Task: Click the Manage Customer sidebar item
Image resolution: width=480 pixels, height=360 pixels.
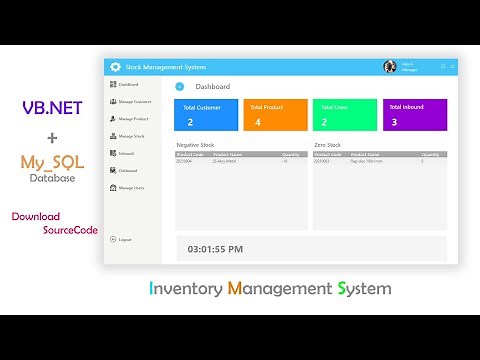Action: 134,101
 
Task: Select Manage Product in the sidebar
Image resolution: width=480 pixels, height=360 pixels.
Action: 132,118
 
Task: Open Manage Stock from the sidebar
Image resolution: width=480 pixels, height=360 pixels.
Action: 131,136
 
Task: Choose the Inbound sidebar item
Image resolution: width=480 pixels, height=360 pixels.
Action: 126,153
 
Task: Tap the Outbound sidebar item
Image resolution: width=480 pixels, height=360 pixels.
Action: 127,170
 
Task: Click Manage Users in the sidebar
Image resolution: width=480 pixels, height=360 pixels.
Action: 131,188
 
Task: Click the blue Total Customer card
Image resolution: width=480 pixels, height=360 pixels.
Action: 206,115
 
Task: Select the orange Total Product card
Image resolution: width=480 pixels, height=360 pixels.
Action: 275,115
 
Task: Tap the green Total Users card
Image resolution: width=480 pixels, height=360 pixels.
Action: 344,115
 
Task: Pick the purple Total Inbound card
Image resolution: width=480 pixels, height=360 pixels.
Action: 414,115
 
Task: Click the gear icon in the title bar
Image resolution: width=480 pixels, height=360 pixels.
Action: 115,67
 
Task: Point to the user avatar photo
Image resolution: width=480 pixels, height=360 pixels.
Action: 389,67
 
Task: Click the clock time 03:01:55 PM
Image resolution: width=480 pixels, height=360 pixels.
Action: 215,248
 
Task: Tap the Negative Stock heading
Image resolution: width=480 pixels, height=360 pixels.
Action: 195,145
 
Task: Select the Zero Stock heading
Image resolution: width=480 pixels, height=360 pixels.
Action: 327,145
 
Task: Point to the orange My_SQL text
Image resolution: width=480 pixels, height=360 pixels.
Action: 51,162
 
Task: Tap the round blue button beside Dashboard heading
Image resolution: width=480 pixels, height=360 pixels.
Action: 180,87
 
